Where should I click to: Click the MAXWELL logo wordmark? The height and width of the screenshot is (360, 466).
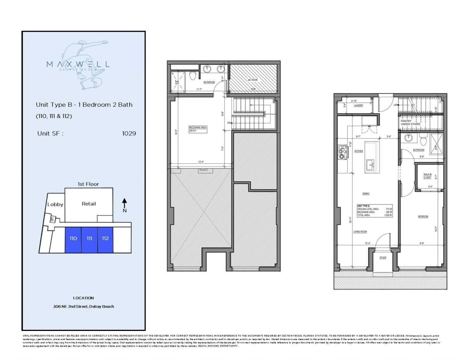[78, 64]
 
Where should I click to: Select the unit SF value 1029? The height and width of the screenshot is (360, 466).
[129, 133]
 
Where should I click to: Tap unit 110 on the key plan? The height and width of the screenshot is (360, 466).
[73, 238]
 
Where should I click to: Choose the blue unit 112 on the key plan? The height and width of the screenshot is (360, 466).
[105, 238]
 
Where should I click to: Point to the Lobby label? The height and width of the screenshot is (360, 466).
[55, 204]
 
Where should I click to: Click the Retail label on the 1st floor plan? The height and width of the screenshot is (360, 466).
[89, 203]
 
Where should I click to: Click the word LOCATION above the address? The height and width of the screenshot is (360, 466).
[83, 298]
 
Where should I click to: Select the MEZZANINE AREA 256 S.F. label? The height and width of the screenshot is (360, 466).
[198, 129]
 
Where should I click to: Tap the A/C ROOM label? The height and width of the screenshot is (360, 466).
[253, 80]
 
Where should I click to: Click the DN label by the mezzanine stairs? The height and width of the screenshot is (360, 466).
[229, 123]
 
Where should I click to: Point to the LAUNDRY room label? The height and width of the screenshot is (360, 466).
[359, 106]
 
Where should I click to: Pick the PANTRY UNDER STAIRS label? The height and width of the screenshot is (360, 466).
[410, 122]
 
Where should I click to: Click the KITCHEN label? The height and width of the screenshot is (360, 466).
[359, 151]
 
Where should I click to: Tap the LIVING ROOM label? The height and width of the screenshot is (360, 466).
[360, 232]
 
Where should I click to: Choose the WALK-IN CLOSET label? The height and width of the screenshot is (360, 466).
[427, 176]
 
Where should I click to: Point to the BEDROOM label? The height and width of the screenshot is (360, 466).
[423, 217]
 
